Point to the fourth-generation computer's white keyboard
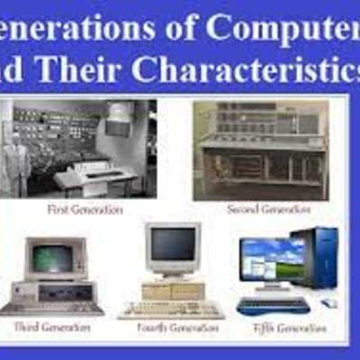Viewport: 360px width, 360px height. tap(171, 310)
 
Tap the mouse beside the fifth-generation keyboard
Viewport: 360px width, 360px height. tap(329, 304)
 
